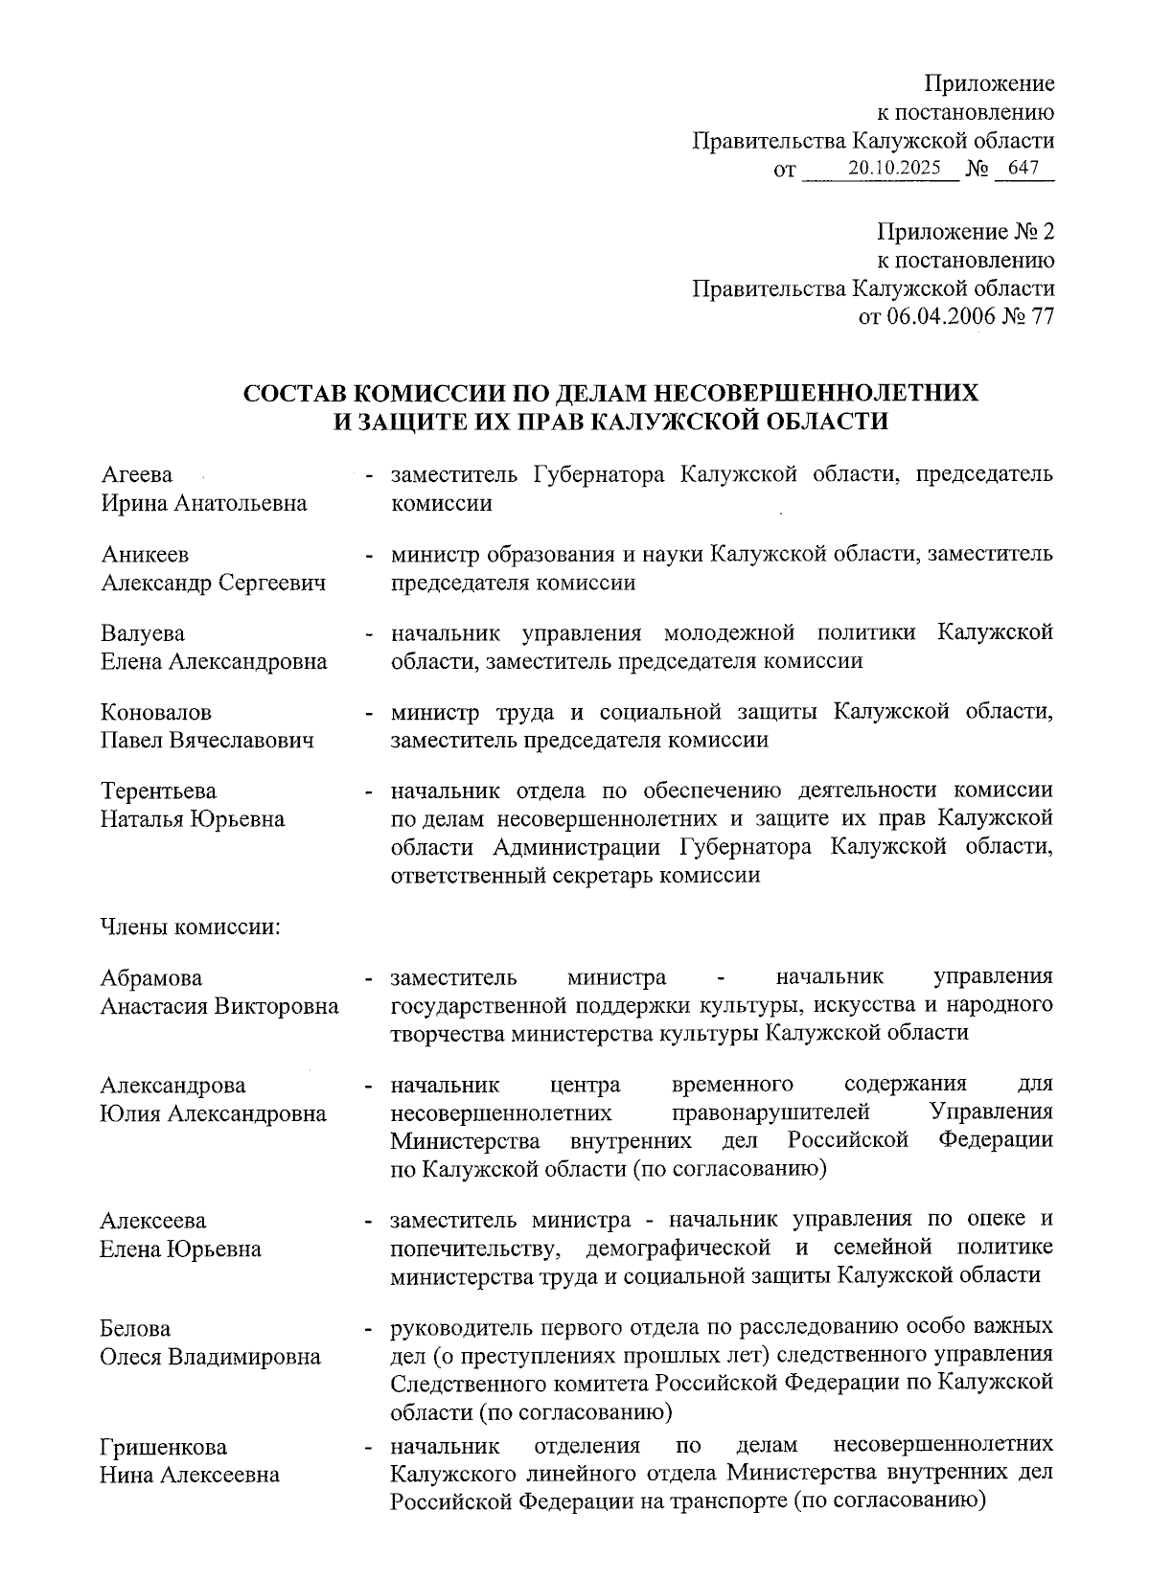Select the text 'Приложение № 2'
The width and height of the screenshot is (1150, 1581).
pyautogui.click(x=965, y=232)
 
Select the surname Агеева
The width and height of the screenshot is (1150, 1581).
pyautogui.click(x=137, y=475)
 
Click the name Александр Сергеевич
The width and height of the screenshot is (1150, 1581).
pyautogui.click(x=213, y=583)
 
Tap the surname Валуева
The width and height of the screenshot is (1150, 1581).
pyautogui.click(x=143, y=633)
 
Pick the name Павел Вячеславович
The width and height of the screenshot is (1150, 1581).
pyautogui.click(x=207, y=741)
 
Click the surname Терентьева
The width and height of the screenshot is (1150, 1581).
pyautogui.click(x=159, y=791)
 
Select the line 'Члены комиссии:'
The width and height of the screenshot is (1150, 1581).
pyautogui.click(x=190, y=928)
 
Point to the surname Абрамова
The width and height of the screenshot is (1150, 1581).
pyautogui.click(x=151, y=978)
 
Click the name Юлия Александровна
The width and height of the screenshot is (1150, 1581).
pyautogui.click(x=213, y=1114)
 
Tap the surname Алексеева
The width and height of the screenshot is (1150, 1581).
pyautogui.click(x=153, y=1221)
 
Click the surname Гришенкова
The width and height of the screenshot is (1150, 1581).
pyautogui.click(x=163, y=1447)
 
